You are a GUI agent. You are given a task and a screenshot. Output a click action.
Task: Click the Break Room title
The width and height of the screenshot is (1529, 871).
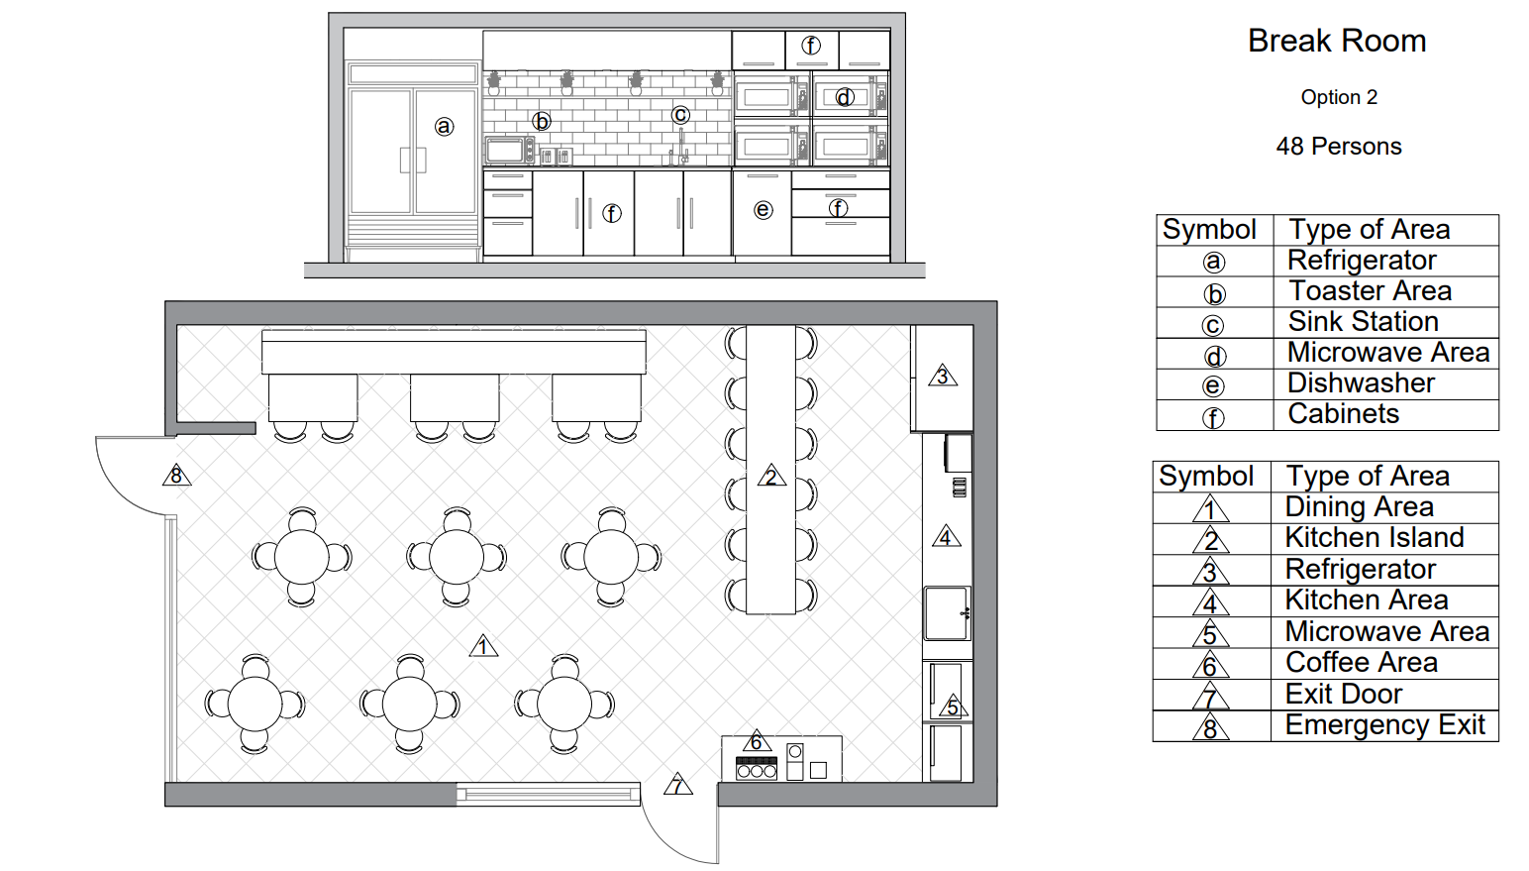1337,41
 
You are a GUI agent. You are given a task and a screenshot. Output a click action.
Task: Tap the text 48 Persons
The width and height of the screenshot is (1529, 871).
1339,147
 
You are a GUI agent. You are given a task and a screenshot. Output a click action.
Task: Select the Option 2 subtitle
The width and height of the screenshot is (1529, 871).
1339,97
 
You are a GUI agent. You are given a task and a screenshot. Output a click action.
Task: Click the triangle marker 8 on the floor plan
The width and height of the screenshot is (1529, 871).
177,475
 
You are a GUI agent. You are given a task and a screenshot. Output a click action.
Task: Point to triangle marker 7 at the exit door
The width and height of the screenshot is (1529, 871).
677,784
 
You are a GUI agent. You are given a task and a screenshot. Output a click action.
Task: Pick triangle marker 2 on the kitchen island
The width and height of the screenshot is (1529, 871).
771,476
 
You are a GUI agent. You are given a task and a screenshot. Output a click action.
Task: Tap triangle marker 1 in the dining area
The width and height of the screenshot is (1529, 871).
483,645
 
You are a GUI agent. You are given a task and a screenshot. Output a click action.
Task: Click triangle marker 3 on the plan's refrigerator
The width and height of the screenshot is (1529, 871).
943,375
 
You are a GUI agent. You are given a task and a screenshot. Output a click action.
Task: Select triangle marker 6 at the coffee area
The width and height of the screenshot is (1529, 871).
756,740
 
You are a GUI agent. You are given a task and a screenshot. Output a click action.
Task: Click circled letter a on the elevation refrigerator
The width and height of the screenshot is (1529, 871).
445,127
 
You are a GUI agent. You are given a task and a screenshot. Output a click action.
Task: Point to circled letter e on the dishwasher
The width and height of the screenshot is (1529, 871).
764,210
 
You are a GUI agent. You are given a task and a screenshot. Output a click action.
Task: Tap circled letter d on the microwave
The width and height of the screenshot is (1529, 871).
845,98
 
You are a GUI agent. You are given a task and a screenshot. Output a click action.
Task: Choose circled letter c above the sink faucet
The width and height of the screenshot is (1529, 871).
680,115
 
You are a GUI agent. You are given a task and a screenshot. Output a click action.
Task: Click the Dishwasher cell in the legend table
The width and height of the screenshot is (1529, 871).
1361,383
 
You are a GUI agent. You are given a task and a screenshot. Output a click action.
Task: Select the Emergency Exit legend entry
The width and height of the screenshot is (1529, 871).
1384,724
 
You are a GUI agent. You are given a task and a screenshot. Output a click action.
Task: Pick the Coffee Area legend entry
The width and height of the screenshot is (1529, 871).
1361,663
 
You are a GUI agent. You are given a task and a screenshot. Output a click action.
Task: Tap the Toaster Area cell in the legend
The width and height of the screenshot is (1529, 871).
1370,291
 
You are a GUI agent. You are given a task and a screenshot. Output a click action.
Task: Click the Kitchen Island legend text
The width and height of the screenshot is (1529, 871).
1375,538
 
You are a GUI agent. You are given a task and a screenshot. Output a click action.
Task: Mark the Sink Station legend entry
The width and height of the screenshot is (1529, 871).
1363,322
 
